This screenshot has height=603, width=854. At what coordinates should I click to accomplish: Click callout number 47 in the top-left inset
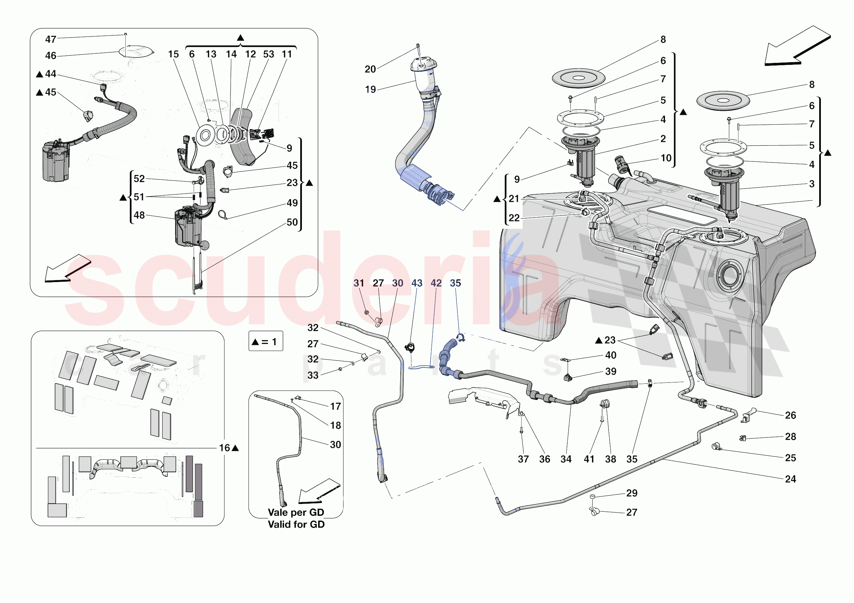tap(51, 40)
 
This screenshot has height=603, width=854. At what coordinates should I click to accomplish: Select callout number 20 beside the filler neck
tap(370, 69)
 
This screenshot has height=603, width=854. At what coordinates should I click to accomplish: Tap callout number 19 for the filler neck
tap(370, 90)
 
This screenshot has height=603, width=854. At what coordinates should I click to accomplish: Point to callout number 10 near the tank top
tap(666, 158)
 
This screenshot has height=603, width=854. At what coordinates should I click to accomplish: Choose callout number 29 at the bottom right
tap(632, 493)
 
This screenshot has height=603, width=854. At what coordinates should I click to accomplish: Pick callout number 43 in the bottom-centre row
tap(417, 283)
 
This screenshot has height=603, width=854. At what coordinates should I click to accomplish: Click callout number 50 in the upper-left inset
tap(292, 222)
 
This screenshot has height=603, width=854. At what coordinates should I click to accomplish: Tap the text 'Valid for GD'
tap(296, 524)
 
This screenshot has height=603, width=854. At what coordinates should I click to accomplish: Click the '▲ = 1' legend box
tap(266, 341)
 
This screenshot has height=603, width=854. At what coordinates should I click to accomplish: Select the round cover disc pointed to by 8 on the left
tap(578, 78)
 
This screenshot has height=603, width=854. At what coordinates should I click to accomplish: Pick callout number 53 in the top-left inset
tap(268, 54)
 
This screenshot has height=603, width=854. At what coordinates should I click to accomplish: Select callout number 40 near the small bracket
tap(610, 355)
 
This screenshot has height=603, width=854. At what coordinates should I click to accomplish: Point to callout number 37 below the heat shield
tap(523, 459)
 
